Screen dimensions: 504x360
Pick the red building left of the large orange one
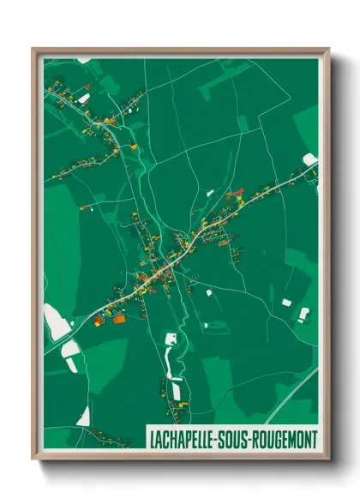coord(99,320)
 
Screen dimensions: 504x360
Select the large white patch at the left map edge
coord(56,323)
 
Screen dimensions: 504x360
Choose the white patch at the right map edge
coord(310,159)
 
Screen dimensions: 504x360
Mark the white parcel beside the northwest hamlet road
coord(84,99)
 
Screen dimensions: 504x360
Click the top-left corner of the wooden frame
coord(33,50)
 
